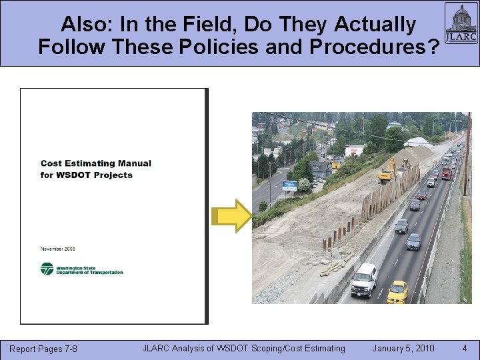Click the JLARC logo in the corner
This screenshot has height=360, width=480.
(461, 23)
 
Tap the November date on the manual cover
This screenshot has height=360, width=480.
(59, 249)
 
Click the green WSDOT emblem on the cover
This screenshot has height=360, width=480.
(47, 269)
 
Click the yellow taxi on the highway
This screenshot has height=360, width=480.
(397, 291)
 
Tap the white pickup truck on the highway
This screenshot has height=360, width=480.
(364, 279)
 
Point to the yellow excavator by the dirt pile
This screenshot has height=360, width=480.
(387, 171)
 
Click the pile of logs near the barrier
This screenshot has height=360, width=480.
(335, 265)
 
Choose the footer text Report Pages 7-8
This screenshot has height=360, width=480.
(43, 349)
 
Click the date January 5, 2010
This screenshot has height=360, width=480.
(403, 348)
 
